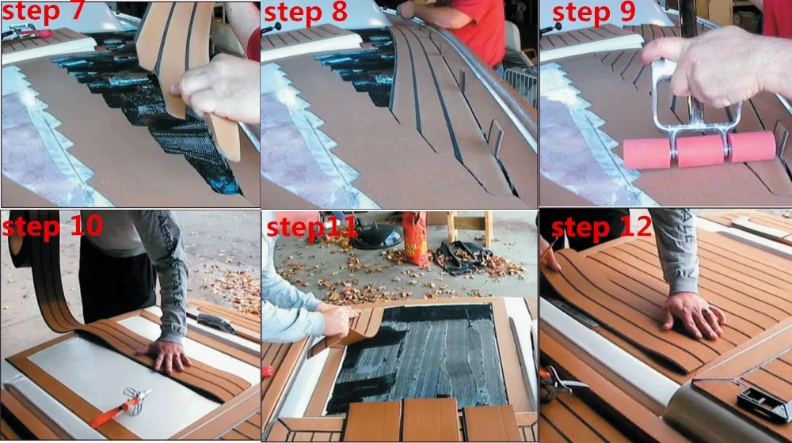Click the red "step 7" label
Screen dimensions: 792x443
tap(43, 11)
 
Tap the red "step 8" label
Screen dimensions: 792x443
tap(306, 12)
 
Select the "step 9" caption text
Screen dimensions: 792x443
tap(593, 12)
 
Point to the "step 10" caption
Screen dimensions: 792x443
tap(52, 225)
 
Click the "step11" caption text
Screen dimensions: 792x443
tap(311, 227)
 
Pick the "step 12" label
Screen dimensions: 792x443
tap(601, 226)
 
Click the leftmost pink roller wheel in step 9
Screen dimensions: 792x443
tap(647, 153)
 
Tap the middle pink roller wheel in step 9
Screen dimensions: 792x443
tap(700, 150)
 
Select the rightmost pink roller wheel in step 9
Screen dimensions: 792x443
tap(752, 146)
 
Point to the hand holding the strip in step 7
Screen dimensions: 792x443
tap(217, 90)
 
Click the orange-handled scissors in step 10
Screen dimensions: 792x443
tap(120, 407)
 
